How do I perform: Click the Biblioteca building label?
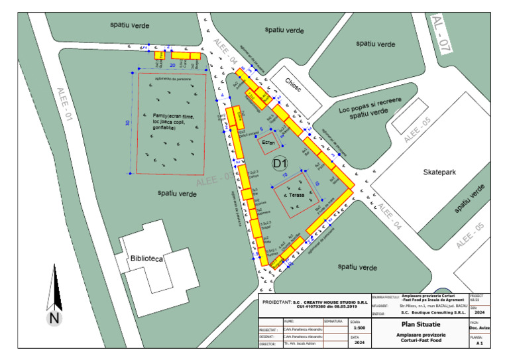146,259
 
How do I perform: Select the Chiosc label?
292,82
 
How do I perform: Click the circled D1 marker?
280,162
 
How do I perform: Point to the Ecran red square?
268,143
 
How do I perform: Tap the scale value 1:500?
359,328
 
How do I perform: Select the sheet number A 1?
480,345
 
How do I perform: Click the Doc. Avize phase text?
480,328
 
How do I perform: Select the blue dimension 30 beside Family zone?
127,123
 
